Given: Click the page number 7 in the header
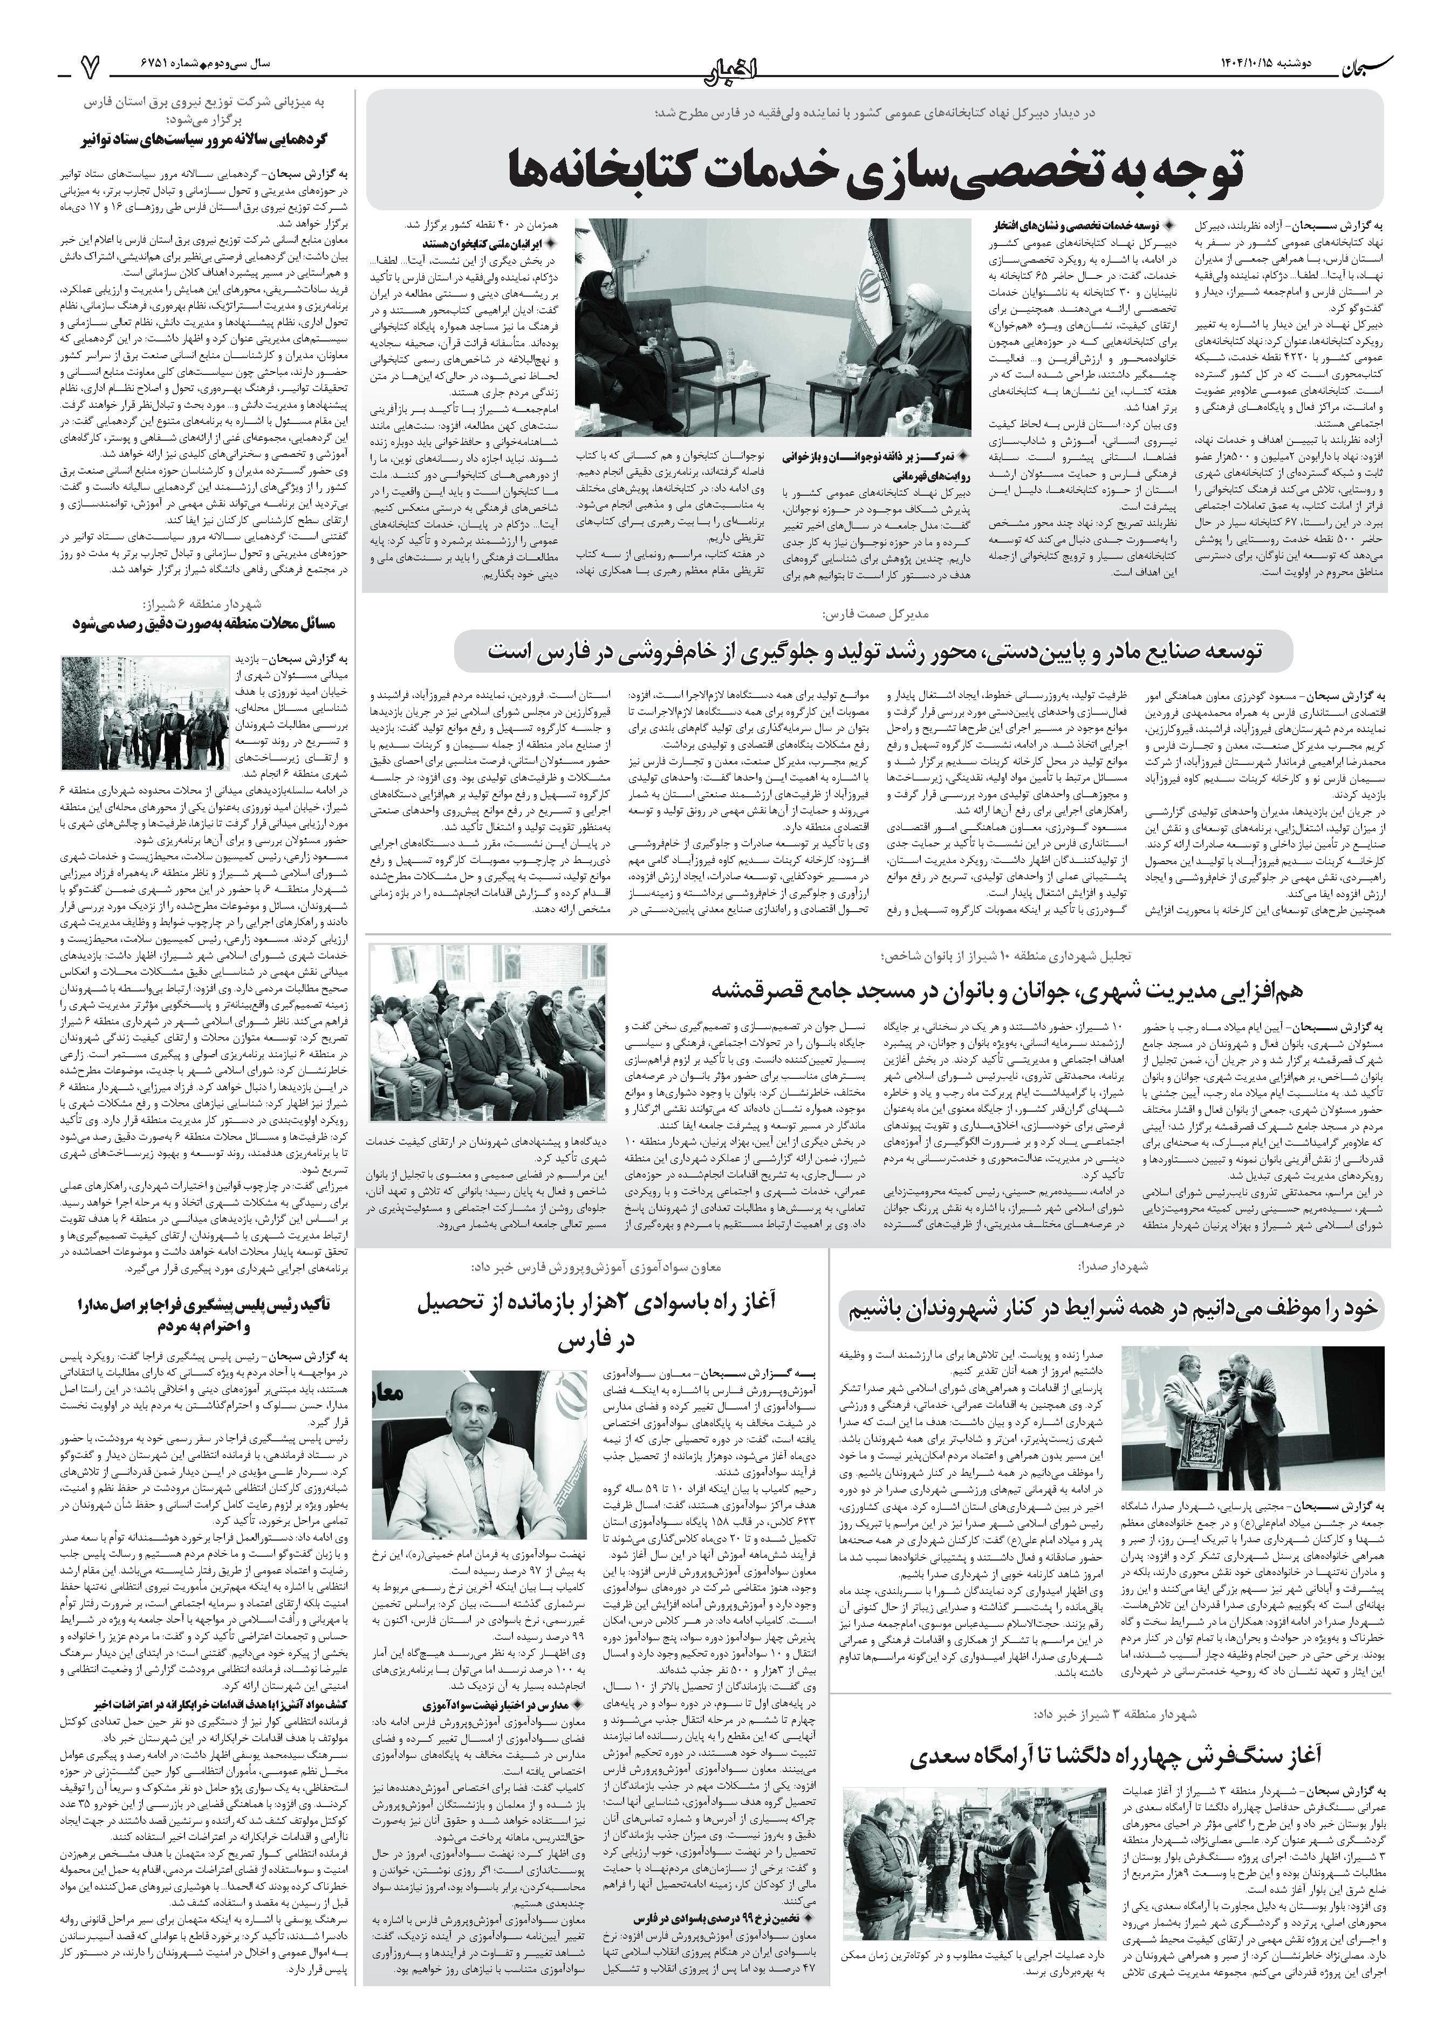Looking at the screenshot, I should [89, 65].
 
